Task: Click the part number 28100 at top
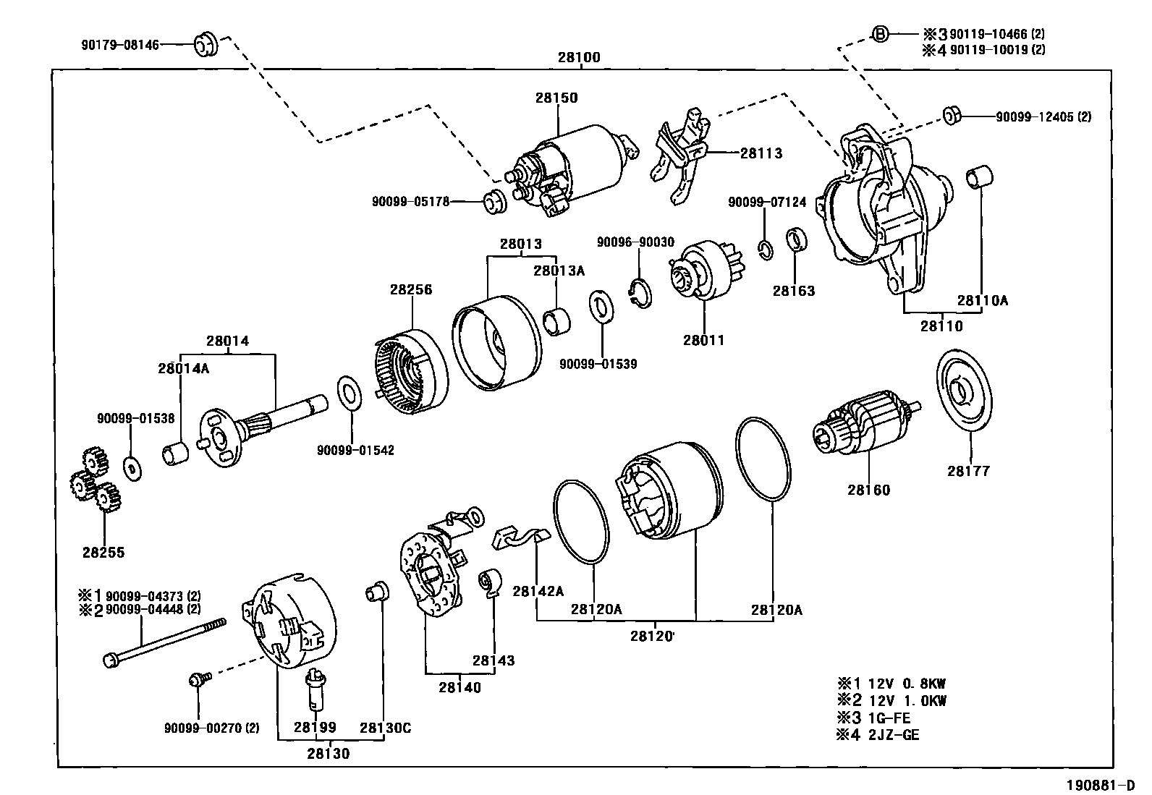pos(579,57)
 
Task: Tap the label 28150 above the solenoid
pos(556,98)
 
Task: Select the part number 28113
pos(761,153)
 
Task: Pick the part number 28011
pos(703,340)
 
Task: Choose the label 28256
pos(411,289)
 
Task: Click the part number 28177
pos(968,471)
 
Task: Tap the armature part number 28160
pos(869,490)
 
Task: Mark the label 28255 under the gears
pos(103,553)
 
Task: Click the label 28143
pos(494,660)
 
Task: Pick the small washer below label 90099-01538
pos(132,469)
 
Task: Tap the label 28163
pos(794,291)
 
